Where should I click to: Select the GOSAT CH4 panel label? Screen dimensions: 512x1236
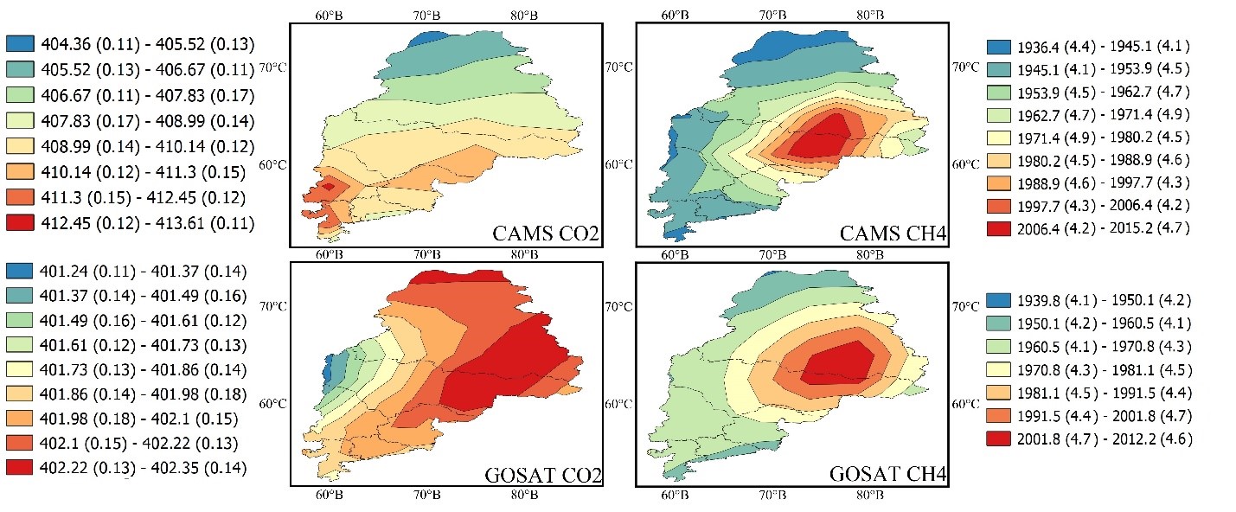click(887, 473)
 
